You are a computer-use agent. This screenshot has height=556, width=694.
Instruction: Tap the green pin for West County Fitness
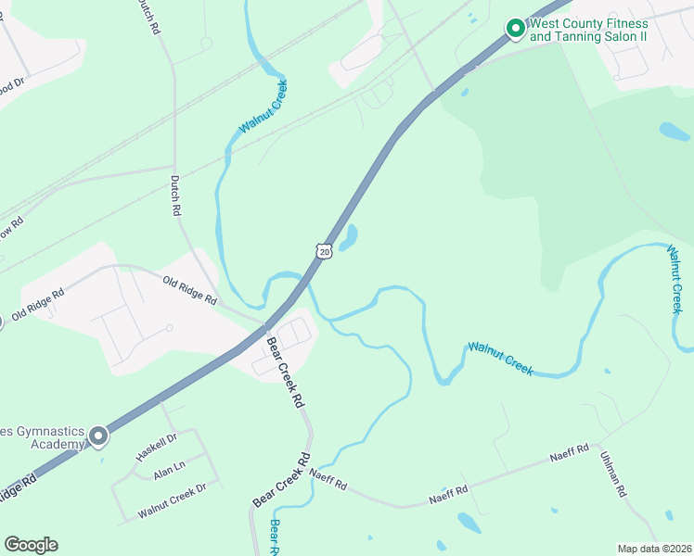point(515,30)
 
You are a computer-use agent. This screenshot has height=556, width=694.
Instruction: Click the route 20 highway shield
point(322,250)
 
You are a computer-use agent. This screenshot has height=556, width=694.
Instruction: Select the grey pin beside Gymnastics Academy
point(98,436)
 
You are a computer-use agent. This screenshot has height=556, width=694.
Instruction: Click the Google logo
point(31,545)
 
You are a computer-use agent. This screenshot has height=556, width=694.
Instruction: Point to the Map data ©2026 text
point(653,549)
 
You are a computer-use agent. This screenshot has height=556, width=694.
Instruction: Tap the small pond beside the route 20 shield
point(350,239)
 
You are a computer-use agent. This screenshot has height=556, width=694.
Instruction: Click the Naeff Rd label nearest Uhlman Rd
point(570,455)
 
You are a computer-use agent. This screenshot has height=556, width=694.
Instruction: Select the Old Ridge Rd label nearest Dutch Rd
point(189,290)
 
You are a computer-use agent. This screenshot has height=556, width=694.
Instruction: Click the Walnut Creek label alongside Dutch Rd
point(263,107)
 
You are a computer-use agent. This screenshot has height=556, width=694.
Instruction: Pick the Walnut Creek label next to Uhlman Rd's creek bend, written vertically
point(676,278)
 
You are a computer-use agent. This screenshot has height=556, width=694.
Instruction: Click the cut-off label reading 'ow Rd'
point(10,228)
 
